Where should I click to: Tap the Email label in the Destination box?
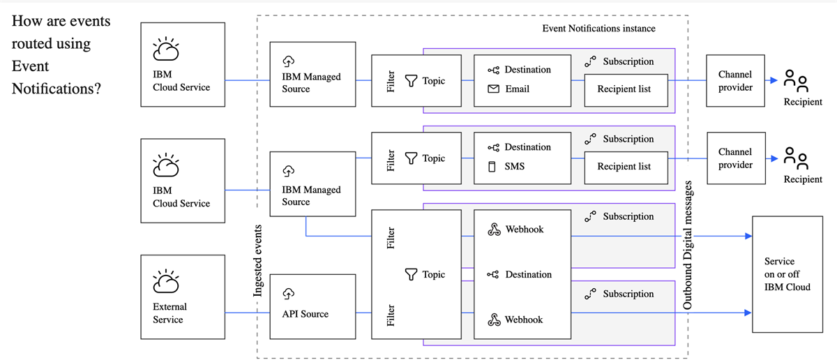coord(517,89)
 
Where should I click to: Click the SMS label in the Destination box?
coord(515,166)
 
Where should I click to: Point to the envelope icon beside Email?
coord(493,89)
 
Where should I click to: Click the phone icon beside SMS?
coord(492,167)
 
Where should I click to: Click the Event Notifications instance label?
coord(598,29)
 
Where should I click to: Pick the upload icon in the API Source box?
coord(289,294)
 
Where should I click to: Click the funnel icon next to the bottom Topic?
coord(412,275)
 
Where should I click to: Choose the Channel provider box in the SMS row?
coord(735,158)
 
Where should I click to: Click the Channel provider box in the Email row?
coord(735,81)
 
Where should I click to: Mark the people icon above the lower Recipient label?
coord(796,158)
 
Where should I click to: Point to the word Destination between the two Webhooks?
coord(528,274)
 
